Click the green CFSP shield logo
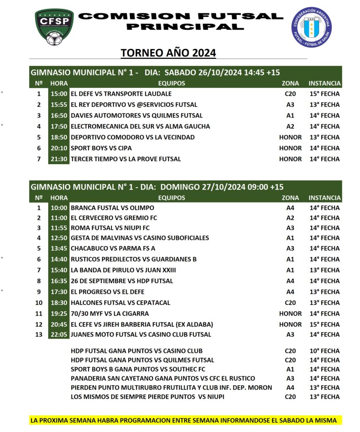click(54, 27)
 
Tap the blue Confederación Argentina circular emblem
click(312, 27)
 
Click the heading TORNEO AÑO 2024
click(168, 53)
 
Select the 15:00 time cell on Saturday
click(58, 94)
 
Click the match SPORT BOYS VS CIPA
click(101, 148)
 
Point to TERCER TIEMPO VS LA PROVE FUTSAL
click(126, 159)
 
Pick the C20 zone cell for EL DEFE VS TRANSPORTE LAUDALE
click(290, 94)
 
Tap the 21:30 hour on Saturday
click(58, 159)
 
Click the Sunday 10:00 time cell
click(58, 208)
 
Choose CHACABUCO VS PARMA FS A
click(113, 248)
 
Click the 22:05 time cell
click(58, 335)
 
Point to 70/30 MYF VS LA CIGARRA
click(110, 313)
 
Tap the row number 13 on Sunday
click(38, 335)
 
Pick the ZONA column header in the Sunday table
click(290, 197)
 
